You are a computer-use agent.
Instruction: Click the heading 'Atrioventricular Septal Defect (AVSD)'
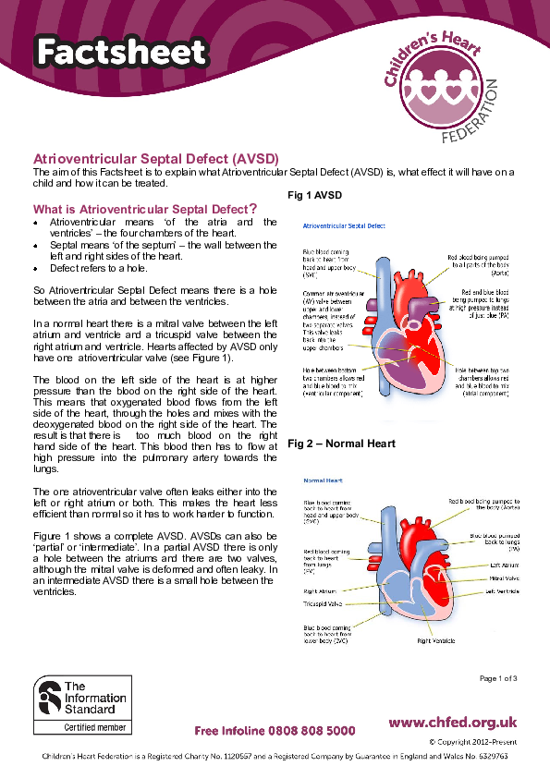[156, 158]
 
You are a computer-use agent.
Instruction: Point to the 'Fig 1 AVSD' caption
[314, 196]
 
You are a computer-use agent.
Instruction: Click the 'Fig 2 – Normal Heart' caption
[341, 444]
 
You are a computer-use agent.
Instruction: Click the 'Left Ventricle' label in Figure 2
[502, 593]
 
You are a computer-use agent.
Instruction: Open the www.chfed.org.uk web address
[452, 723]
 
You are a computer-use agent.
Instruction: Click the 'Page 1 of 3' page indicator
[498, 679]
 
